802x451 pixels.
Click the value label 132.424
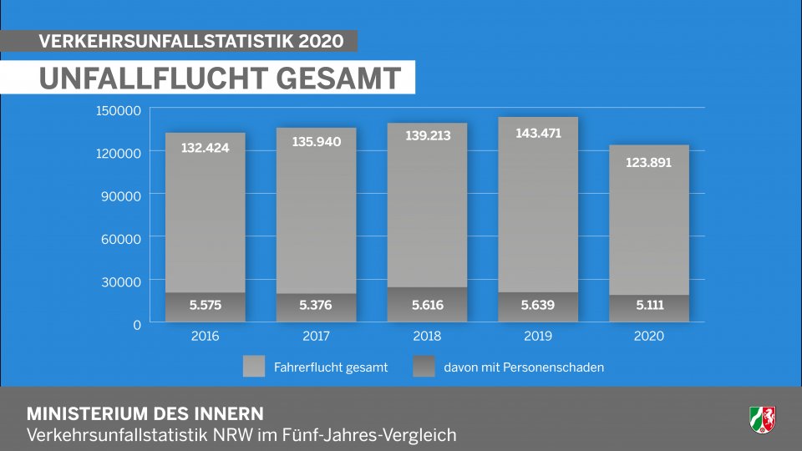[205, 148]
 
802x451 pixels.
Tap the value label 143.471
[537, 133]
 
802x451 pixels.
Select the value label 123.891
[648, 163]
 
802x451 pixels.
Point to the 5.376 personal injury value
[316, 306]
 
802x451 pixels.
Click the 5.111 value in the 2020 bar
[648, 306]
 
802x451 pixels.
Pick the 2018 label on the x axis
[427, 337]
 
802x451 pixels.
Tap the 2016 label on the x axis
[205, 337]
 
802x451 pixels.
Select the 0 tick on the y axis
[138, 324]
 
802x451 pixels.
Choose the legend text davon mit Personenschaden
[524, 367]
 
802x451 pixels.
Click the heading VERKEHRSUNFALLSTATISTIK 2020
[191, 41]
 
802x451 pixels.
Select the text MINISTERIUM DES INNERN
[145, 414]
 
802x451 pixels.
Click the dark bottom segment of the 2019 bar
[537, 307]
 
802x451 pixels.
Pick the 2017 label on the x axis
[316, 337]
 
